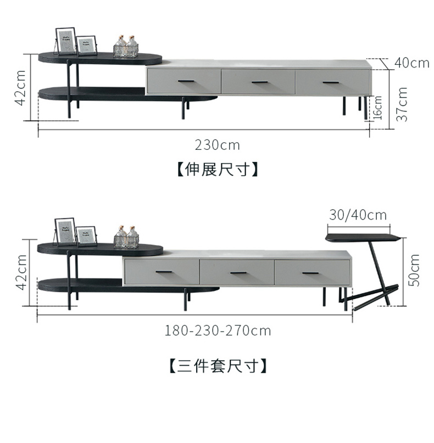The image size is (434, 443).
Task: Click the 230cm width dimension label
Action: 218,145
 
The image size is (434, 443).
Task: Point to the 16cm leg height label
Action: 378,108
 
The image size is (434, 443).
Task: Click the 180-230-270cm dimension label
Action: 218,330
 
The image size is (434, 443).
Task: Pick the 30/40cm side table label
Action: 358,215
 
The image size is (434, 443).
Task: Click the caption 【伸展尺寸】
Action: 218,169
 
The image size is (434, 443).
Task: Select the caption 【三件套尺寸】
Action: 218,365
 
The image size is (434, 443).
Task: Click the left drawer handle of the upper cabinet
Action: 185,82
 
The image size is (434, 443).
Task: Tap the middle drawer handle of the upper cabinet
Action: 259,82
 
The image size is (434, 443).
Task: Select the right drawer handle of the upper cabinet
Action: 331,82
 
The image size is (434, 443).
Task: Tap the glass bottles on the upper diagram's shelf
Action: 126,47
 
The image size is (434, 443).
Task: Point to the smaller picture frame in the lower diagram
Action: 86,237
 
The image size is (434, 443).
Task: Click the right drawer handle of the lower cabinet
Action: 310,273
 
